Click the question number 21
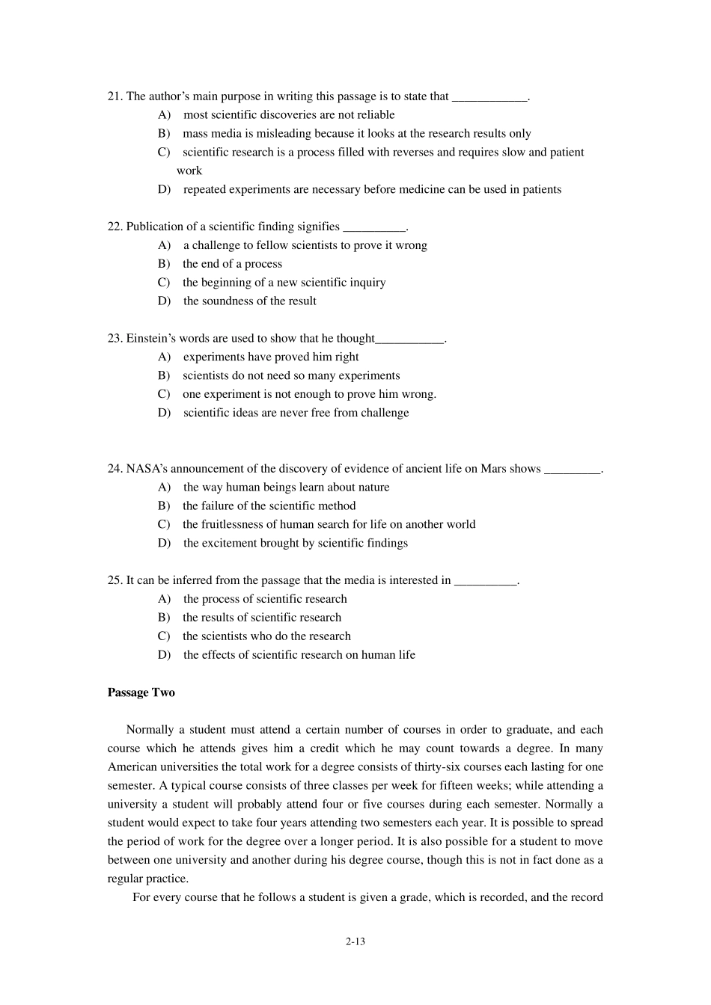click(115, 96)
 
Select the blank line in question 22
click(374, 227)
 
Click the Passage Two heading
click(141, 692)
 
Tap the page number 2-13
click(355, 941)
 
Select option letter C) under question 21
click(164, 153)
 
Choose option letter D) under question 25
click(164, 655)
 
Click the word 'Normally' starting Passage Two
click(149, 730)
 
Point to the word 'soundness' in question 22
click(227, 301)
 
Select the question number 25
click(115, 580)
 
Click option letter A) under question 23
click(164, 357)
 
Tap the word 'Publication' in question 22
click(156, 227)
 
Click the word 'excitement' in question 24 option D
click(231, 544)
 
